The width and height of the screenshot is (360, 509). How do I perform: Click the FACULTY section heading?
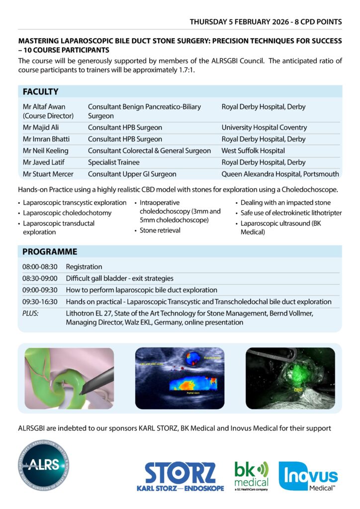pos(40,91)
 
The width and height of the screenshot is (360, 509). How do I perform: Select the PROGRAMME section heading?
pos(50,252)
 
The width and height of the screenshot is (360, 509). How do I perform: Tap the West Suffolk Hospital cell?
pos(253,151)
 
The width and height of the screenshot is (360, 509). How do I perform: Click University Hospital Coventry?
pos(264,128)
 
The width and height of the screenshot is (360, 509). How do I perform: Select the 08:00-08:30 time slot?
pos(40,266)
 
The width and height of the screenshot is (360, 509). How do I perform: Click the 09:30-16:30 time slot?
pos(40,301)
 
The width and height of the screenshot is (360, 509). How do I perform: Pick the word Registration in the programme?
pos(84,266)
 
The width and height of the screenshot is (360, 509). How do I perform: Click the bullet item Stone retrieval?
pos(160,230)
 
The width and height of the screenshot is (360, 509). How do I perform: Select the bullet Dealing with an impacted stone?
pos(285,202)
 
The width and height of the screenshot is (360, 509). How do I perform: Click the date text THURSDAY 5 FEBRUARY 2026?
pos(244,22)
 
